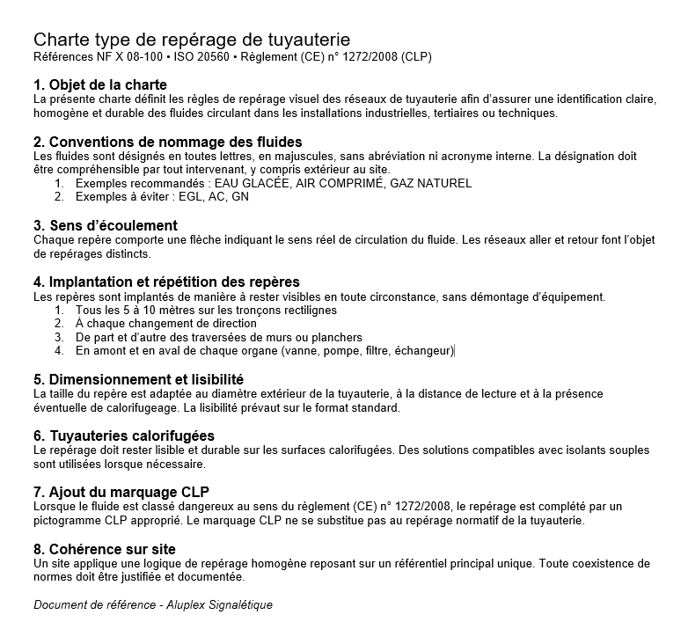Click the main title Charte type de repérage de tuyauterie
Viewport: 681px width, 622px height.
pyautogui.click(x=191, y=40)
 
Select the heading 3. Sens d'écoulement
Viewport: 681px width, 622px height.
pyautogui.click(x=106, y=226)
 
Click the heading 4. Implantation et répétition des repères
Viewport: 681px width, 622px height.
pyautogui.click(x=166, y=282)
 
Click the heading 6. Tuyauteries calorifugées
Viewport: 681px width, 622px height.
pyautogui.click(x=124, y=435)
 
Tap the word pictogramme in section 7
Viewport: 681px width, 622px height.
pyautogui.click(x=70, y=520)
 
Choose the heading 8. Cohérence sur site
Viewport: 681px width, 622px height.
pyautogui.click(x=104, y=549)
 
